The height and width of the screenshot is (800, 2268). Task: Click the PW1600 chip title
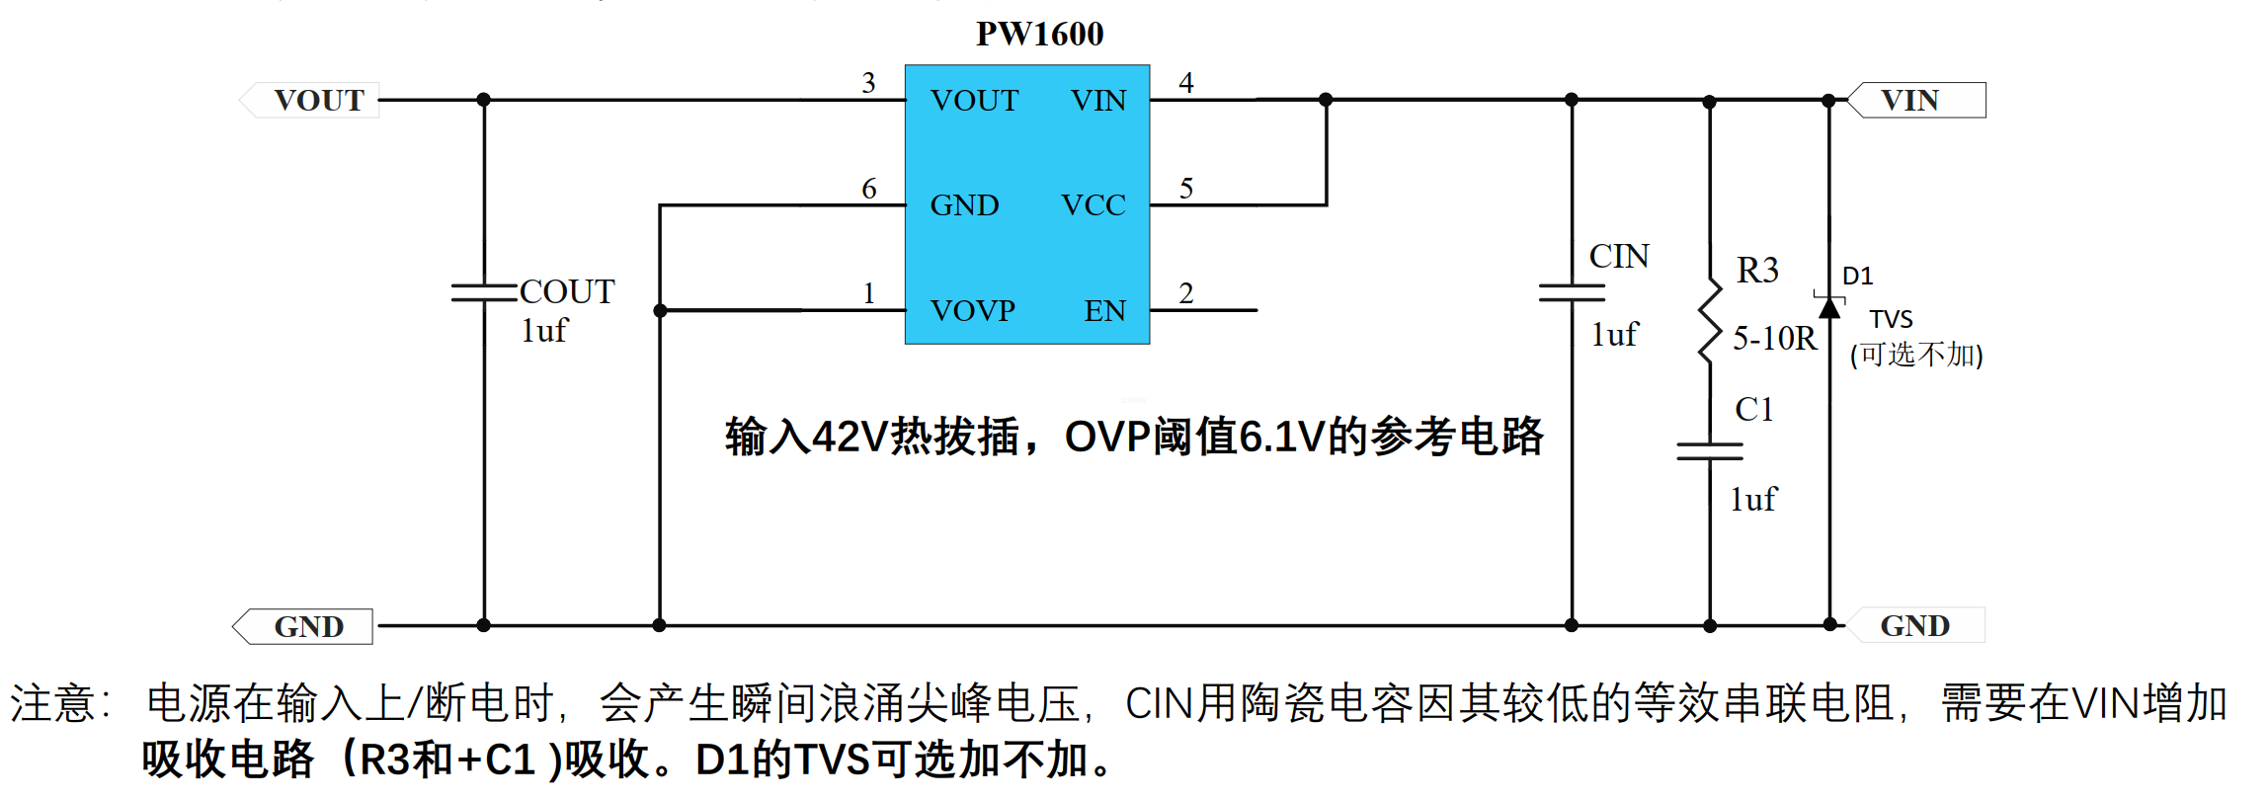click(x=1039, y=34)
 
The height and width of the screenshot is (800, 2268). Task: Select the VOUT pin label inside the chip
click(x=974, y=100)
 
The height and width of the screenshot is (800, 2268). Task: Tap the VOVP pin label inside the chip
click(x=973, y=310)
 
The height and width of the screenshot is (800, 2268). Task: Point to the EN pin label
click(x=1104, y=310)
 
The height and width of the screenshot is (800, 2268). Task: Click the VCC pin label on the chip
click(x=1093, y=204)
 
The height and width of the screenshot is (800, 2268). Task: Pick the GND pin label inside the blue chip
click(x=964, y=204)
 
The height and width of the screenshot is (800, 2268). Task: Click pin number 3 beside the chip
click(x=868, y=82)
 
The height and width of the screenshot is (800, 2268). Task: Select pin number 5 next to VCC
click(x=1186, y=188)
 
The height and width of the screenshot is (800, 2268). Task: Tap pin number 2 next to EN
click(x=1186, y=292)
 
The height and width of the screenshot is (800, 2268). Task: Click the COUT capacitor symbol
click(x=484, y=292)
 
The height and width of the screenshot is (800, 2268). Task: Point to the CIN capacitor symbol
click(x=1572, y=292)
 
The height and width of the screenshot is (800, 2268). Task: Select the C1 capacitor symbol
click(x=1710, y=451)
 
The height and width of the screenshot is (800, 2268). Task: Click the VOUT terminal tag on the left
click(x=309, y=100)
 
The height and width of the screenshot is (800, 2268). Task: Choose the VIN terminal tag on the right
click(x=1916, y=100)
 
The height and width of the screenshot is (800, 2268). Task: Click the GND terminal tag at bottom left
click(x=302, y=626)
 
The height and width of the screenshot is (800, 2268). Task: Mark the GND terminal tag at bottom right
click(x=1914, y=625)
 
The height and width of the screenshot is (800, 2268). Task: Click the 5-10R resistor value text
click(x=1775, y=338)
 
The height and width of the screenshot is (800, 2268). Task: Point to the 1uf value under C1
click(x=1752, y=499)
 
